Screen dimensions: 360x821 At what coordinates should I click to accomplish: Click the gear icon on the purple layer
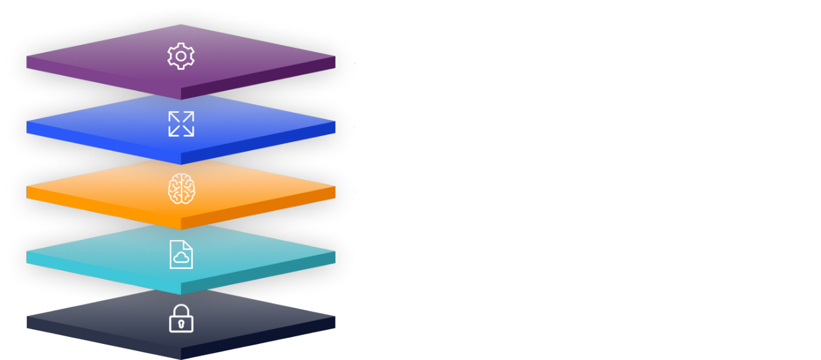(x=181, y=56)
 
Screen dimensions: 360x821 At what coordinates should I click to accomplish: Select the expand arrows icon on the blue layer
(x=181, y=124)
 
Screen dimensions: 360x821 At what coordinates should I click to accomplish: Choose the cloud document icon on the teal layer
(x=181, y=255)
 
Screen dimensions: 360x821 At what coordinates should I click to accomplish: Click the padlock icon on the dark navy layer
(x=181, y=318)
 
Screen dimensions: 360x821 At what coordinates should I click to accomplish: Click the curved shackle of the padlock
(x=181, y=309)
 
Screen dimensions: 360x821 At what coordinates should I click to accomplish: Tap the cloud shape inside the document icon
(x=182, y=258)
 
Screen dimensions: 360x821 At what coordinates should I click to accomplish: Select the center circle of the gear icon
(x=181, y=56)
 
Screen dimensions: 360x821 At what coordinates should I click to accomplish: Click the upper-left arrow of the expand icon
(x=173, y=116)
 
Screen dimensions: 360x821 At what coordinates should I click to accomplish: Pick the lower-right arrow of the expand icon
(x=189, y=132)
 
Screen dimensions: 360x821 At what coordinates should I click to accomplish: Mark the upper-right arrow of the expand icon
(x=189, y=116)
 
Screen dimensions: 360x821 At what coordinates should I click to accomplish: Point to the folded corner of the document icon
(x=189, y=244)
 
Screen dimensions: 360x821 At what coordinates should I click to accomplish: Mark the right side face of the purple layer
(x=257, y=78)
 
